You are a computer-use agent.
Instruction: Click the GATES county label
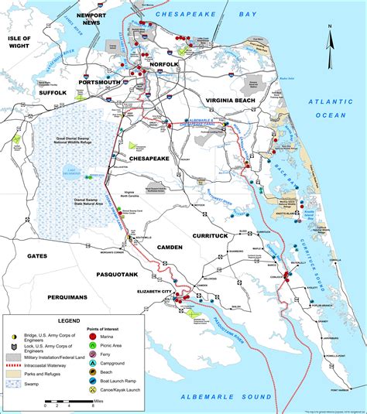coord(36,256)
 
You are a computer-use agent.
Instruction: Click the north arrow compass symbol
coord(329,43)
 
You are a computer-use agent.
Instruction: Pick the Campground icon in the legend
coord(92,363)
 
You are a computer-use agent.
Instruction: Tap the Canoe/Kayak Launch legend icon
coord(92,388)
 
